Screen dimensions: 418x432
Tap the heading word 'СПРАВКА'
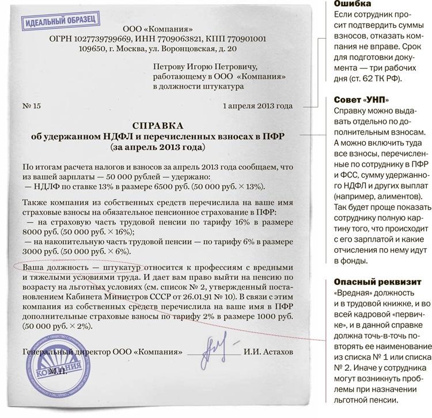pyautogui.click(x=158, y=125)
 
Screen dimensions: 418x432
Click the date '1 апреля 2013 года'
pyautogui.click(x=257, y=106)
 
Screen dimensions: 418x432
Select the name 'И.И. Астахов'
pyautogui.click(x=268, y=351)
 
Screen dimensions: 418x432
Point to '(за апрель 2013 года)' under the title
pyautogui.click(x=158, y=147)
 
